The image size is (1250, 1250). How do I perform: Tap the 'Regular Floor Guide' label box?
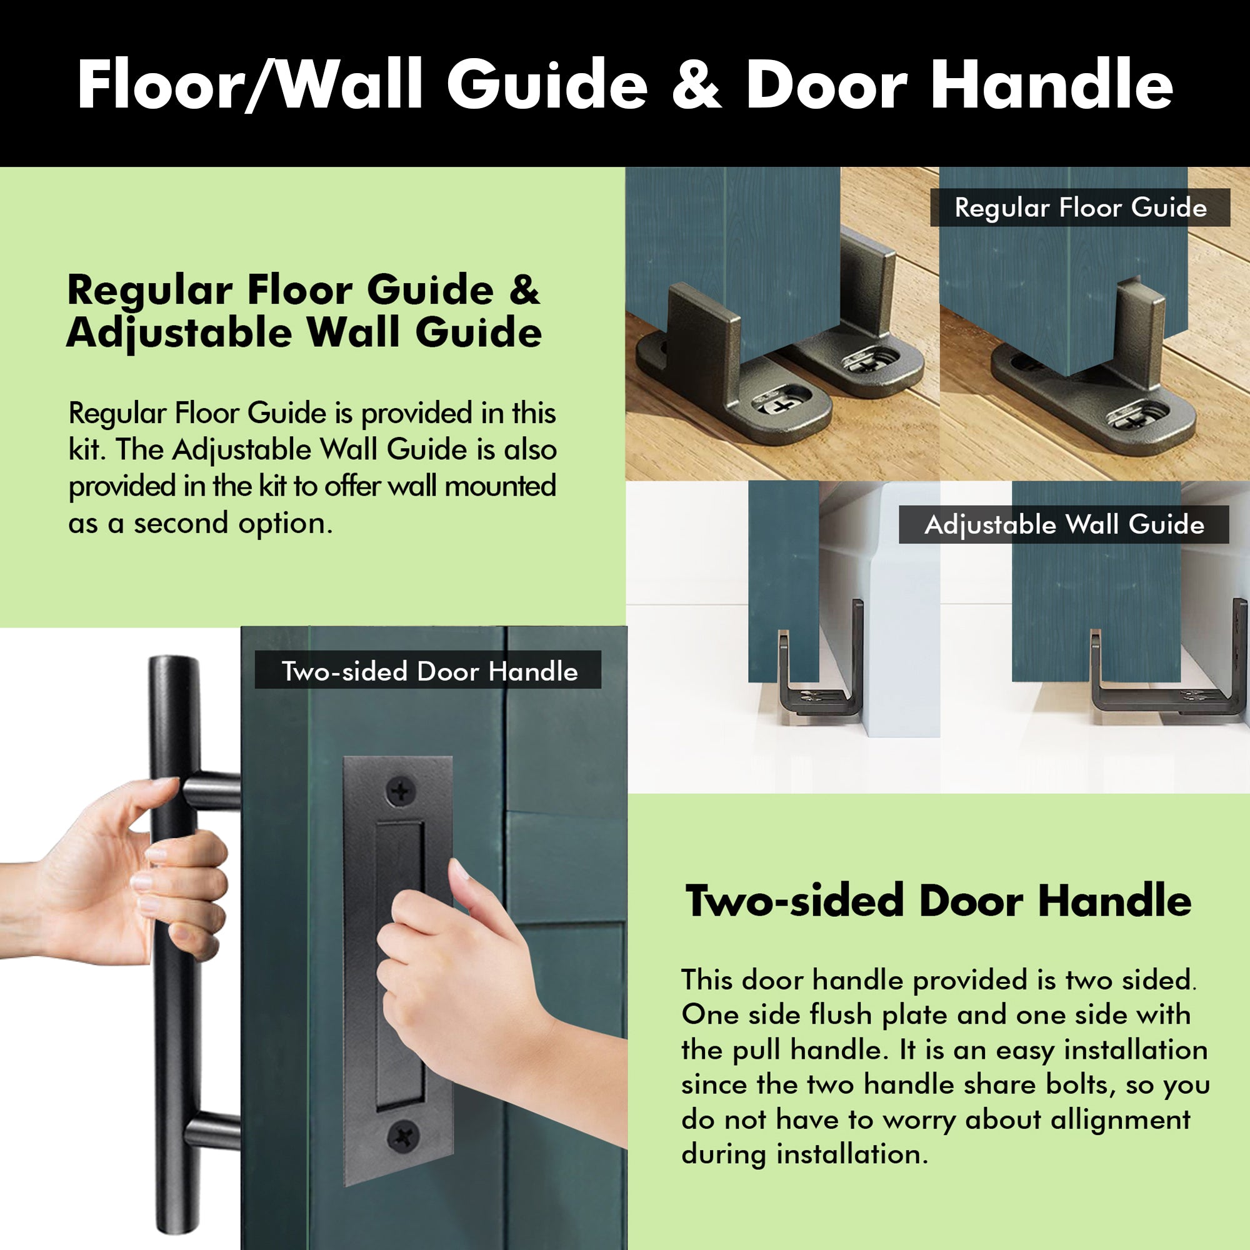tap(1080, 207)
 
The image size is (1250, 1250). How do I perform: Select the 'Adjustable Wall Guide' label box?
tap(1064, 525)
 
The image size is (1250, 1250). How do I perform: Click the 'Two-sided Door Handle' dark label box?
tap(428, 671)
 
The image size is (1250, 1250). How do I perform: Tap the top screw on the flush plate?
tap(401, 791)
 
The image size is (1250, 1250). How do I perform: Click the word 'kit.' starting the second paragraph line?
tap(87, 449)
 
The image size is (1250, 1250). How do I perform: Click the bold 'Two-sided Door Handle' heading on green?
tap(938, 901)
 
